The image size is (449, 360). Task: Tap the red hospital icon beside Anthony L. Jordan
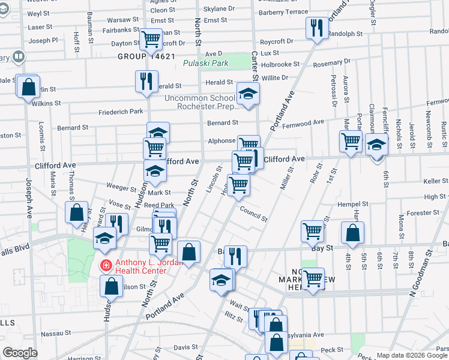pyautogui.click(x=106, y=264)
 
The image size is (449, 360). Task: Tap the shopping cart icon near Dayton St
pyautogui.click(x=150, y=40)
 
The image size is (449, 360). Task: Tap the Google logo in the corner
pyautogui.click(x=19, y=353)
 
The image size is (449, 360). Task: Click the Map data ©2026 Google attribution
pyautogui.click(x=412, y=355)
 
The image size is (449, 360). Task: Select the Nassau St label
pyautogui.click(x=56, y=332)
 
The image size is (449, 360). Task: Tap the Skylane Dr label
pyautogui.click(x=218, y=9)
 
